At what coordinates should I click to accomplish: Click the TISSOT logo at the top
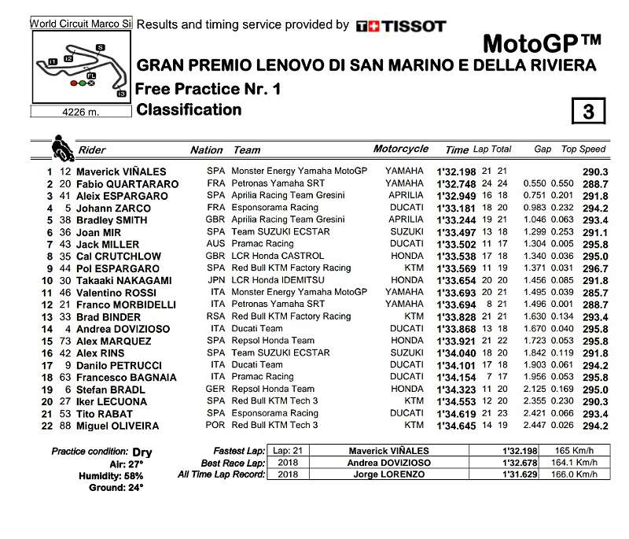[401, 26]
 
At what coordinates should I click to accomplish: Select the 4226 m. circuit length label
[80, 112]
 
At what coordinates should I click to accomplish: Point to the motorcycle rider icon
[60, 147]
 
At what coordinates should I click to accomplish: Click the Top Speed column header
[583, 150]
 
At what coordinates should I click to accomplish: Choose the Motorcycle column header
[401, 149]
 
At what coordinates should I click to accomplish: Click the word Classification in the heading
[189, 110]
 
